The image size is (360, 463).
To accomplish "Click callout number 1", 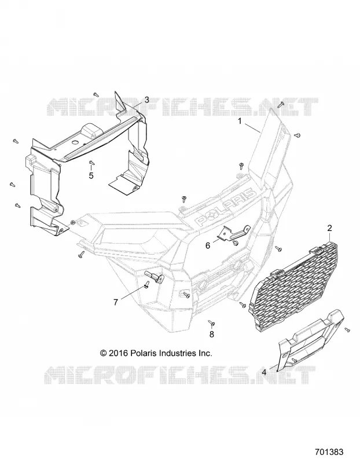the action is click(240, 121).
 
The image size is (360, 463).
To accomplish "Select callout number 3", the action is click(147, 100).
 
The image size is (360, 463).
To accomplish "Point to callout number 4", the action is click(264, 372).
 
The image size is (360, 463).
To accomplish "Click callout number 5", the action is click(91, 175).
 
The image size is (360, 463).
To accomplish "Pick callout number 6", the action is click(208, 245).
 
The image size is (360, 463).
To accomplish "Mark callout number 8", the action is click(211, 335).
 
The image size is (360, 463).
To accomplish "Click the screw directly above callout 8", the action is click(211, 324).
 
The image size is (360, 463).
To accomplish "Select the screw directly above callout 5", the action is click(91, 162).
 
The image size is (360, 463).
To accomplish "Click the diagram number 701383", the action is click(329, 452).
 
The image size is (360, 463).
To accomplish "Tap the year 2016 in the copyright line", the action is click(118, 353).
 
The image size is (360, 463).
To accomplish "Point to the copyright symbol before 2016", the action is click(104, 353).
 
